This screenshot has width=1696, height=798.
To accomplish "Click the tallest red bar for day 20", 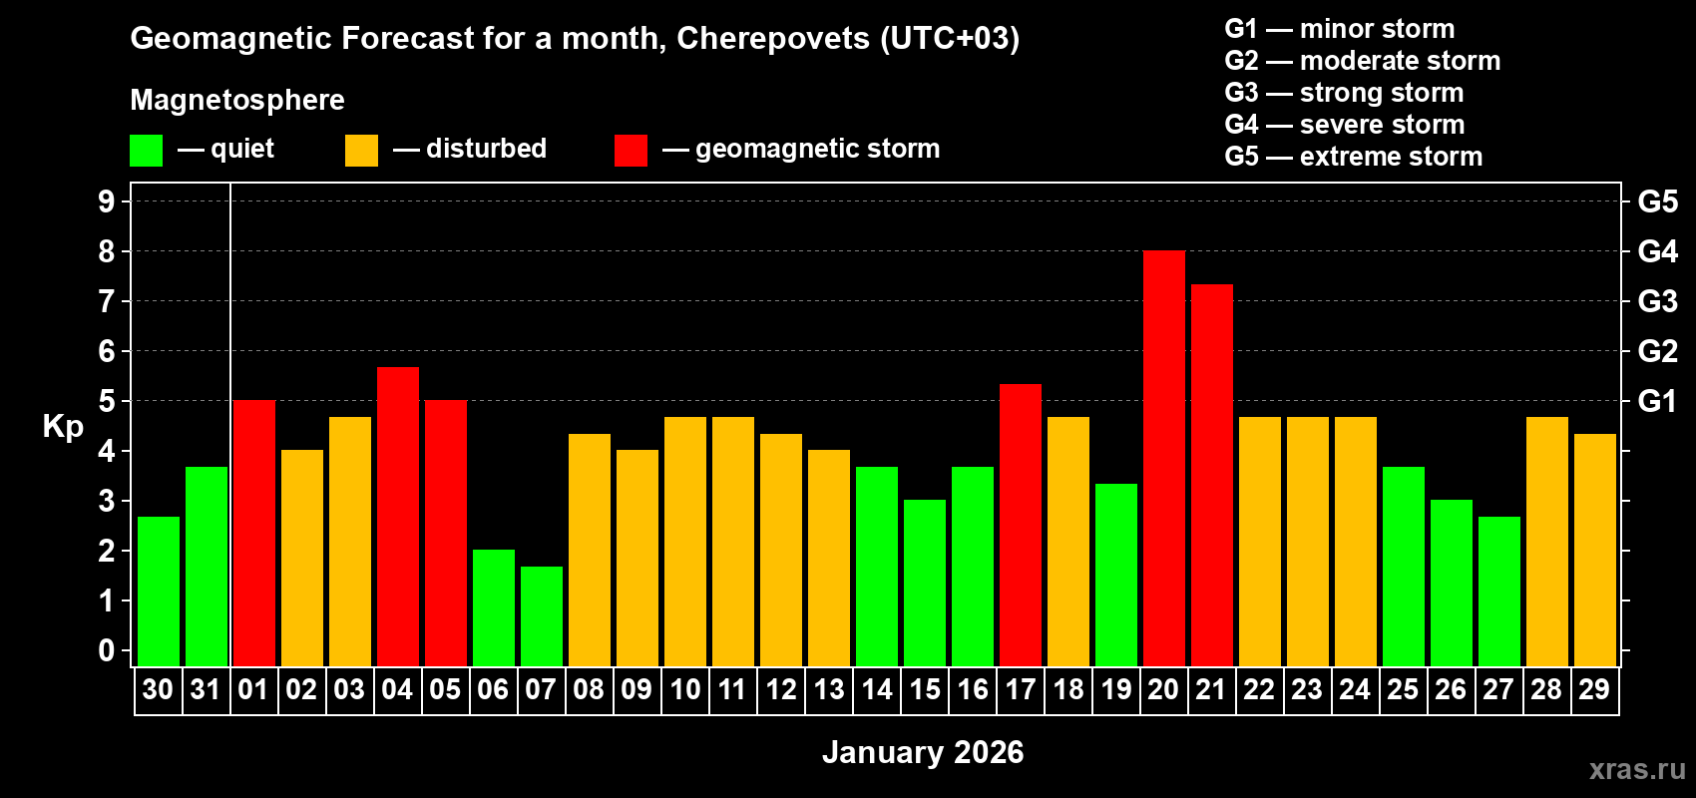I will coord(1163,459).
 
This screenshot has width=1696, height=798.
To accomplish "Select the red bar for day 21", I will coord(1211,476).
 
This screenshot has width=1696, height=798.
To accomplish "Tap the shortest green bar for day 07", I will coord(542,616).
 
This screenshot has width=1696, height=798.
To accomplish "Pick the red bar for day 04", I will coord(397,517).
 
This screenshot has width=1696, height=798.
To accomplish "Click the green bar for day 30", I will coord(159,592).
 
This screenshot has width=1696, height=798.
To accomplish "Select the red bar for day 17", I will coord(1020,526).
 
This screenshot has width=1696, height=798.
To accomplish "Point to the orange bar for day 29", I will coord(1594,551).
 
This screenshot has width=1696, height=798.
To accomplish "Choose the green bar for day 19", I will coord(1115,576).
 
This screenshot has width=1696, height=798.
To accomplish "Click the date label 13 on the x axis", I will coord(829,690).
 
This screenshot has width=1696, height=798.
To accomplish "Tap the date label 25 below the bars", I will coord(1403,690).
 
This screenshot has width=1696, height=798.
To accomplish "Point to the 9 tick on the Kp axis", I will coord(107,201).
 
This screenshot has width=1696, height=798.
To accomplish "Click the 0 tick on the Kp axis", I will coord(107,651).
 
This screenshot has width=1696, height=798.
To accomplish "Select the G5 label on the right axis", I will coord(1657,201).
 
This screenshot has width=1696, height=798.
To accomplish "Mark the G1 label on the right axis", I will coord(1657,401).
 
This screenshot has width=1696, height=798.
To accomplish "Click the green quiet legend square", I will coord(147,151).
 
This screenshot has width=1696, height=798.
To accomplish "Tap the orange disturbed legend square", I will coord(361,151).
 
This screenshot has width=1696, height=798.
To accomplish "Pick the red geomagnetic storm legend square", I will coord(631,151).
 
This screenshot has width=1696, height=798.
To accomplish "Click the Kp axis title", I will coord(63,427).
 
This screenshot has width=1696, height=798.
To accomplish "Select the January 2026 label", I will coord(923,752).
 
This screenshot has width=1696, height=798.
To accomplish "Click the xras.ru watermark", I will coord(1636,769).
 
